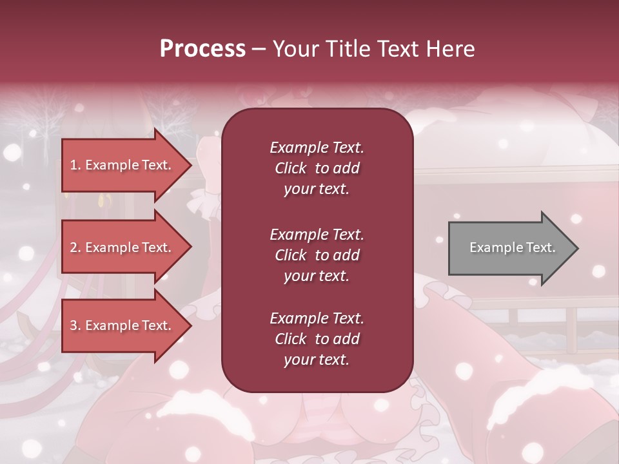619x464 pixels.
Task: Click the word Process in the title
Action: tap(202, 49)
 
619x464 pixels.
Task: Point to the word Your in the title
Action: tap(293, 49)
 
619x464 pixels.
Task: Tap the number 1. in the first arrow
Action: tap(75, 165)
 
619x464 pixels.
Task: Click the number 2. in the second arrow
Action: tap(75, 247)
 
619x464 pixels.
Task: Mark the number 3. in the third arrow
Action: tap(75, 325)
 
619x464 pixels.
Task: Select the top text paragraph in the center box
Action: tap(317, 168)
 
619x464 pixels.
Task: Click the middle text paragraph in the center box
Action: tap(317, 255)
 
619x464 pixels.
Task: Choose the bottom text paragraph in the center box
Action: tap(317, 339)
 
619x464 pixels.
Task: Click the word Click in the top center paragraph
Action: tap(291, 168)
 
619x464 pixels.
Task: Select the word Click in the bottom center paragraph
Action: tap(291, 339)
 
